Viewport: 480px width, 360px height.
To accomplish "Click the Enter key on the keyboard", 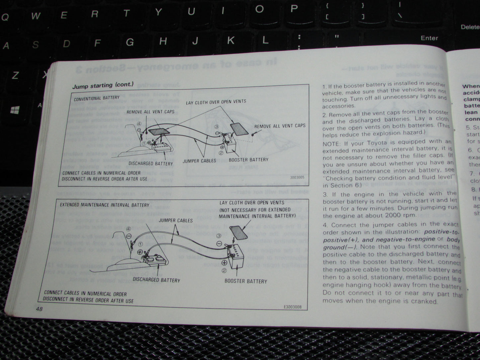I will pos(429,38).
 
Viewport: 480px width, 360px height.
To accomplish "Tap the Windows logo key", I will pos(15,110).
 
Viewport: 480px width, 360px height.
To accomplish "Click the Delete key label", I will pos(470,27).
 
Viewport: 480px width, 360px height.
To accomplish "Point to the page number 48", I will pos(39,309).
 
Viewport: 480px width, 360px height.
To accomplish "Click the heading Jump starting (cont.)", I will pos(103,85).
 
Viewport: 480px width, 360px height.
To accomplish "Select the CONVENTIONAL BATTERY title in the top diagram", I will pos(97,98).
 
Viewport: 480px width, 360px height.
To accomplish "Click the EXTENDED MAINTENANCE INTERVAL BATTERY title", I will pos(105,205).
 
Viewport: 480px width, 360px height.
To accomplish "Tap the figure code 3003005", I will pos(297,178).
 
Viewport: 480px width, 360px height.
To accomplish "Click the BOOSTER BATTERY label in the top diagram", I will pos(248,160).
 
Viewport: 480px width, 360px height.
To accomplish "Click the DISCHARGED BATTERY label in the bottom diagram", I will pos(156,280).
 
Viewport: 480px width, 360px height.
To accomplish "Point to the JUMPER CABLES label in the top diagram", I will pos(199,161).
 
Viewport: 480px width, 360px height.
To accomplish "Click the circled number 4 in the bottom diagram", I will pos(129,229).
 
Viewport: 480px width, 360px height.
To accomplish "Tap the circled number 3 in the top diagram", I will pos(217,127).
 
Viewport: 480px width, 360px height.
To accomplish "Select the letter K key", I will pos(230,41).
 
